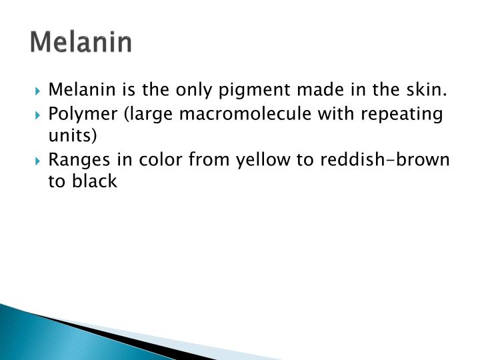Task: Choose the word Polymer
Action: pyautogui.click(x=77, y=114)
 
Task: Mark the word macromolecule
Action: pyautogui.click(x=240, y=114)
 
